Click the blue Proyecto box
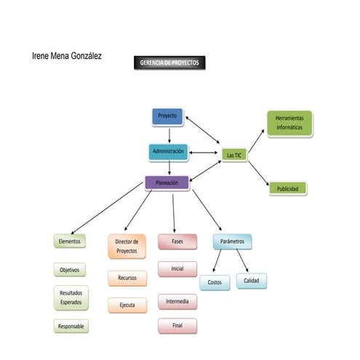[168, 116]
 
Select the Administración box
[169, 151]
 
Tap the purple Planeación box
[168, 183]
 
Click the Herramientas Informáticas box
[289, 122]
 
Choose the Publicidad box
[288, 188]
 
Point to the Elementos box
[70, 241]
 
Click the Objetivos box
[70, 270]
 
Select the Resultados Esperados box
[71, 297]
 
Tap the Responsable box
[71, 327]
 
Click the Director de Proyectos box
[127, 246]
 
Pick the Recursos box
[127, 278]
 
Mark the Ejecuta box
[127, 305]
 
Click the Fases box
[177, 241]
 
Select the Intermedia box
[177, 301]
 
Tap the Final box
[177, 325]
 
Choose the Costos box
[215, 282]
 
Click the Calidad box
[252, 281]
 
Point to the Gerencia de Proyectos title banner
[169, 63]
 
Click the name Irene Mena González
[67, 55]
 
